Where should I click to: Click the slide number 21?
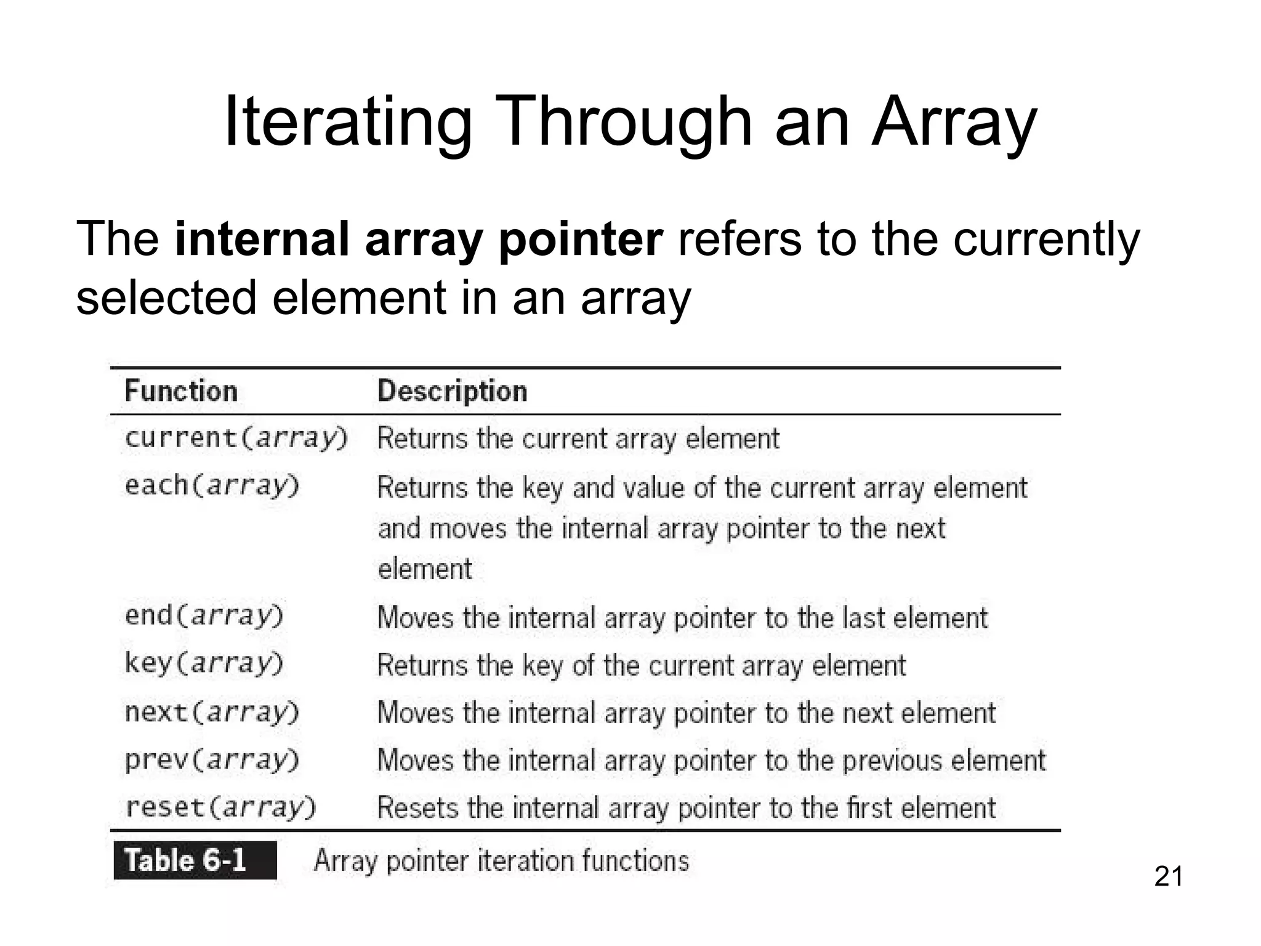(x=1168, y=876)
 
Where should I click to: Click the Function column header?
(x=181, y=391)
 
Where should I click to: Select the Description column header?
(x=452, y=391)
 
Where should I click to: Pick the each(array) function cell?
(x=212, y=486)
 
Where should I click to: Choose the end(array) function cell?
(x=204, y=616)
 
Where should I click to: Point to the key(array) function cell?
(x=204, y=663)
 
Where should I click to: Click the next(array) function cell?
(x=212, y=713)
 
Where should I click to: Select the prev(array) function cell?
(x=212, y=760)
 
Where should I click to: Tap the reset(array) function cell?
(x=220, y=807)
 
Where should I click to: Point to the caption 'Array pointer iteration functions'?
(x=501, y=860)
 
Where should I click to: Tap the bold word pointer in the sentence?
(x=581, y=240)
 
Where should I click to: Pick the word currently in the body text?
(x=1046, y=240)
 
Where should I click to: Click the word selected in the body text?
(x=166, y=298)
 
